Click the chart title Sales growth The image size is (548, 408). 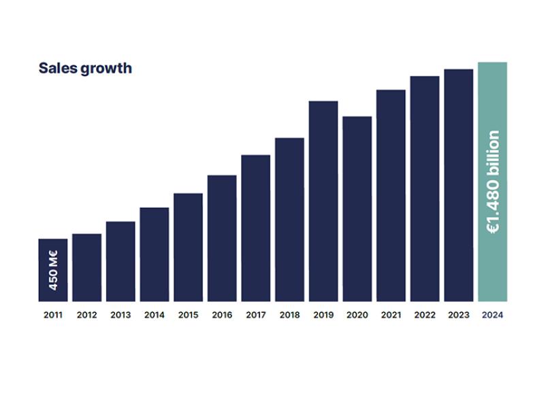(85, 69)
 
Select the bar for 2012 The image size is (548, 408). (86, 268)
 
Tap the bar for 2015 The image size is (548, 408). (188, 248)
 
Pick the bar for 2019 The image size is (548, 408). (323, 201)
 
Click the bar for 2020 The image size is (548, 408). (357, 209)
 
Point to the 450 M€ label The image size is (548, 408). (54, 270)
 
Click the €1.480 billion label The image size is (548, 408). (494, 182)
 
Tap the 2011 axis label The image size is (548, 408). (53, 315)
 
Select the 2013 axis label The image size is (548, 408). (120, 315)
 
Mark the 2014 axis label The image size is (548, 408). (155, 315)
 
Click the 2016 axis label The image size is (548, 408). (222, 315)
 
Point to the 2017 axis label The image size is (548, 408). (256, 315)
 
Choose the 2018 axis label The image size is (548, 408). (289, 315)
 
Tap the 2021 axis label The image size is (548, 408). (391, 315)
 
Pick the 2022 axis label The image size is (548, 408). (425, 315)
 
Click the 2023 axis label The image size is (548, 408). (458, 315)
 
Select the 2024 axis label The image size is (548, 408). (492, 315)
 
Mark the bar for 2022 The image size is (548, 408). (425, 188)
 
